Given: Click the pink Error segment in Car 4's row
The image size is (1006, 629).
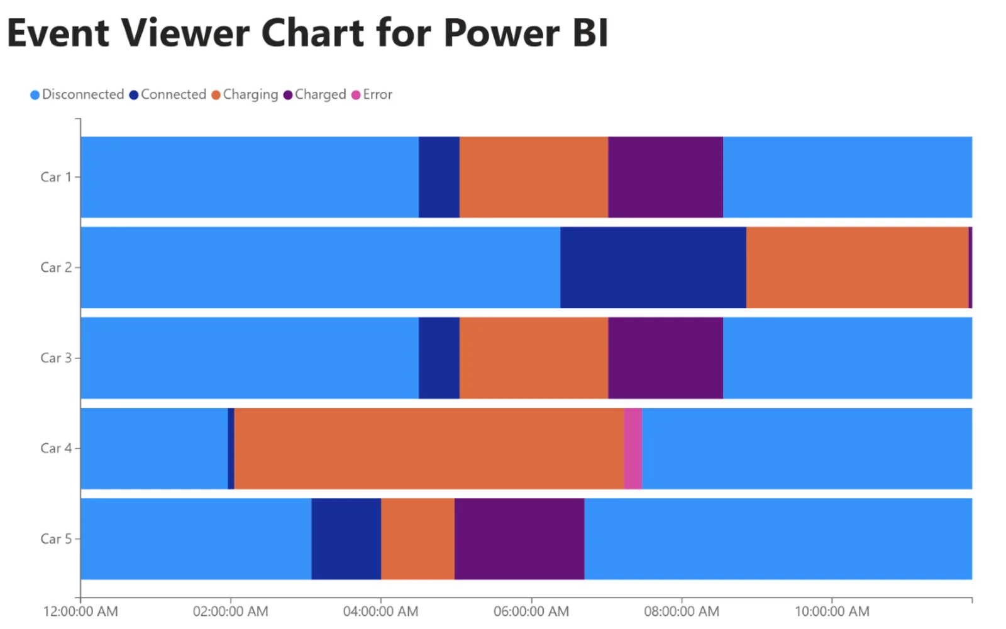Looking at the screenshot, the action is pos(633,448).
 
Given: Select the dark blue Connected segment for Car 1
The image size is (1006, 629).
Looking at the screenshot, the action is pos(439,177).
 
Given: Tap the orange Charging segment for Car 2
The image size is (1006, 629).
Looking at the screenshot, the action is pos(858,267).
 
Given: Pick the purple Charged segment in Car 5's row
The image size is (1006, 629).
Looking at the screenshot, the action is pos(519,538).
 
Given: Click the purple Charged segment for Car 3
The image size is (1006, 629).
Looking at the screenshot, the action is pos(666,358).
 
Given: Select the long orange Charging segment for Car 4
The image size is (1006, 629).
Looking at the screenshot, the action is pos(429,448).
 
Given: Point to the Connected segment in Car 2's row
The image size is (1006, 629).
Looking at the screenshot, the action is pos(653,267).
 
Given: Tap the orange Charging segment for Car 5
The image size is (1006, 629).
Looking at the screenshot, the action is pos(417,538).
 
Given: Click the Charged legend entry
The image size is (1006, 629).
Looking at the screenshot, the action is pos(315,94).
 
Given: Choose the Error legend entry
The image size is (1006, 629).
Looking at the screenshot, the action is pos(372,94).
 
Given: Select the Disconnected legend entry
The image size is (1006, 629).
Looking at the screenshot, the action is pos(77,94).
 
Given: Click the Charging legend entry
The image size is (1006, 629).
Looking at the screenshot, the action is pos(245,94).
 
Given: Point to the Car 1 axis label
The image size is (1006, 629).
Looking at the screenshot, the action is pos(56,177).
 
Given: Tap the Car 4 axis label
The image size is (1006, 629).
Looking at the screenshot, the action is pos(56,448).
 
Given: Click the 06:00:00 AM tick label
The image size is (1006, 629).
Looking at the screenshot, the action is pos(531,611).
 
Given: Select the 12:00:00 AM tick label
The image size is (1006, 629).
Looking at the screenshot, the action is pos(80,611).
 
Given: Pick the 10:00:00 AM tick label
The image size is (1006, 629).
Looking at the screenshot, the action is pos(832,611).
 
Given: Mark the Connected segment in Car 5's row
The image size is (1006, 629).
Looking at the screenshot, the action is pos(346,538).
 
